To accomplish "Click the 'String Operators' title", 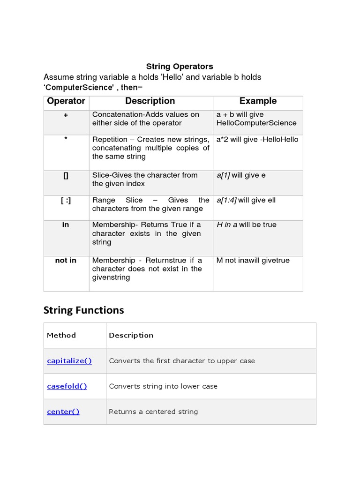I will tap(180, 66).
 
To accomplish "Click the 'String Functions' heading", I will tap(83, 310).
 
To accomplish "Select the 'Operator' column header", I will tap(67, 101).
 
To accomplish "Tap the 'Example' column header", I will tap(258, 101).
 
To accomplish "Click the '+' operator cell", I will tap(66, 115).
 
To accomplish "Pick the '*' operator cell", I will tap(66, 139).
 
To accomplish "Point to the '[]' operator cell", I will tap(66, 175).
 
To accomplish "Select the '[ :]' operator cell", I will tap(66, 200).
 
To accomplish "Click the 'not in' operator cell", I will tap(66, 260).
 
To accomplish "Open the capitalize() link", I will tap(69, 360).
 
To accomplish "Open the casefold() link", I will tap(67, 386).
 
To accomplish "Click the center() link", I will tap(63, 412).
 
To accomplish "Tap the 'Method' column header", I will tap(61, 335).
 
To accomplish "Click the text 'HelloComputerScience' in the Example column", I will tap(256, 123).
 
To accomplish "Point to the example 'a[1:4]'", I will tap(227, 200).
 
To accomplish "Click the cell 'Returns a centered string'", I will tap(153, 412).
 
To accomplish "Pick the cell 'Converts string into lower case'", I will tap(163, 386).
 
